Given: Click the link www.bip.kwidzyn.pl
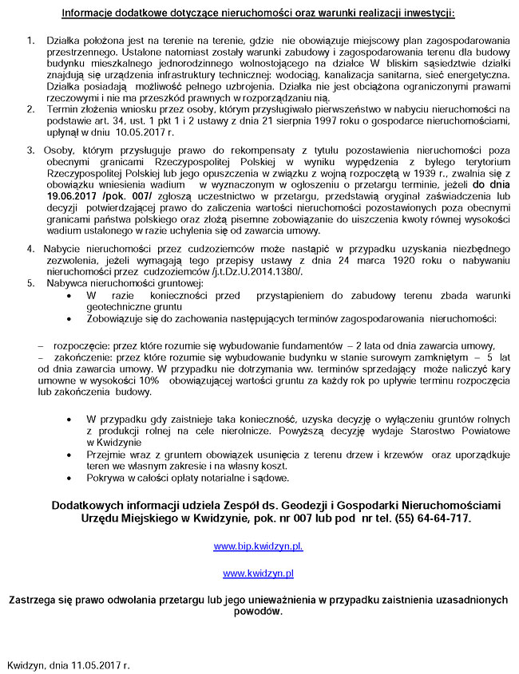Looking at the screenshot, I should click(x=258, y=546).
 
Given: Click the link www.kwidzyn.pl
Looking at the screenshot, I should click(x=258, y=573).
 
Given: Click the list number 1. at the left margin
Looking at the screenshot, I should click(x=30, y=40).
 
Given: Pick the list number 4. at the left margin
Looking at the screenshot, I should click(x=30, y=249).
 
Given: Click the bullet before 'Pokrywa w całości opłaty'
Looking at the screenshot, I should click(x=73, y=479).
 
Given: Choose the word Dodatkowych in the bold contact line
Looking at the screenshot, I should click(x=89, y=505).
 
